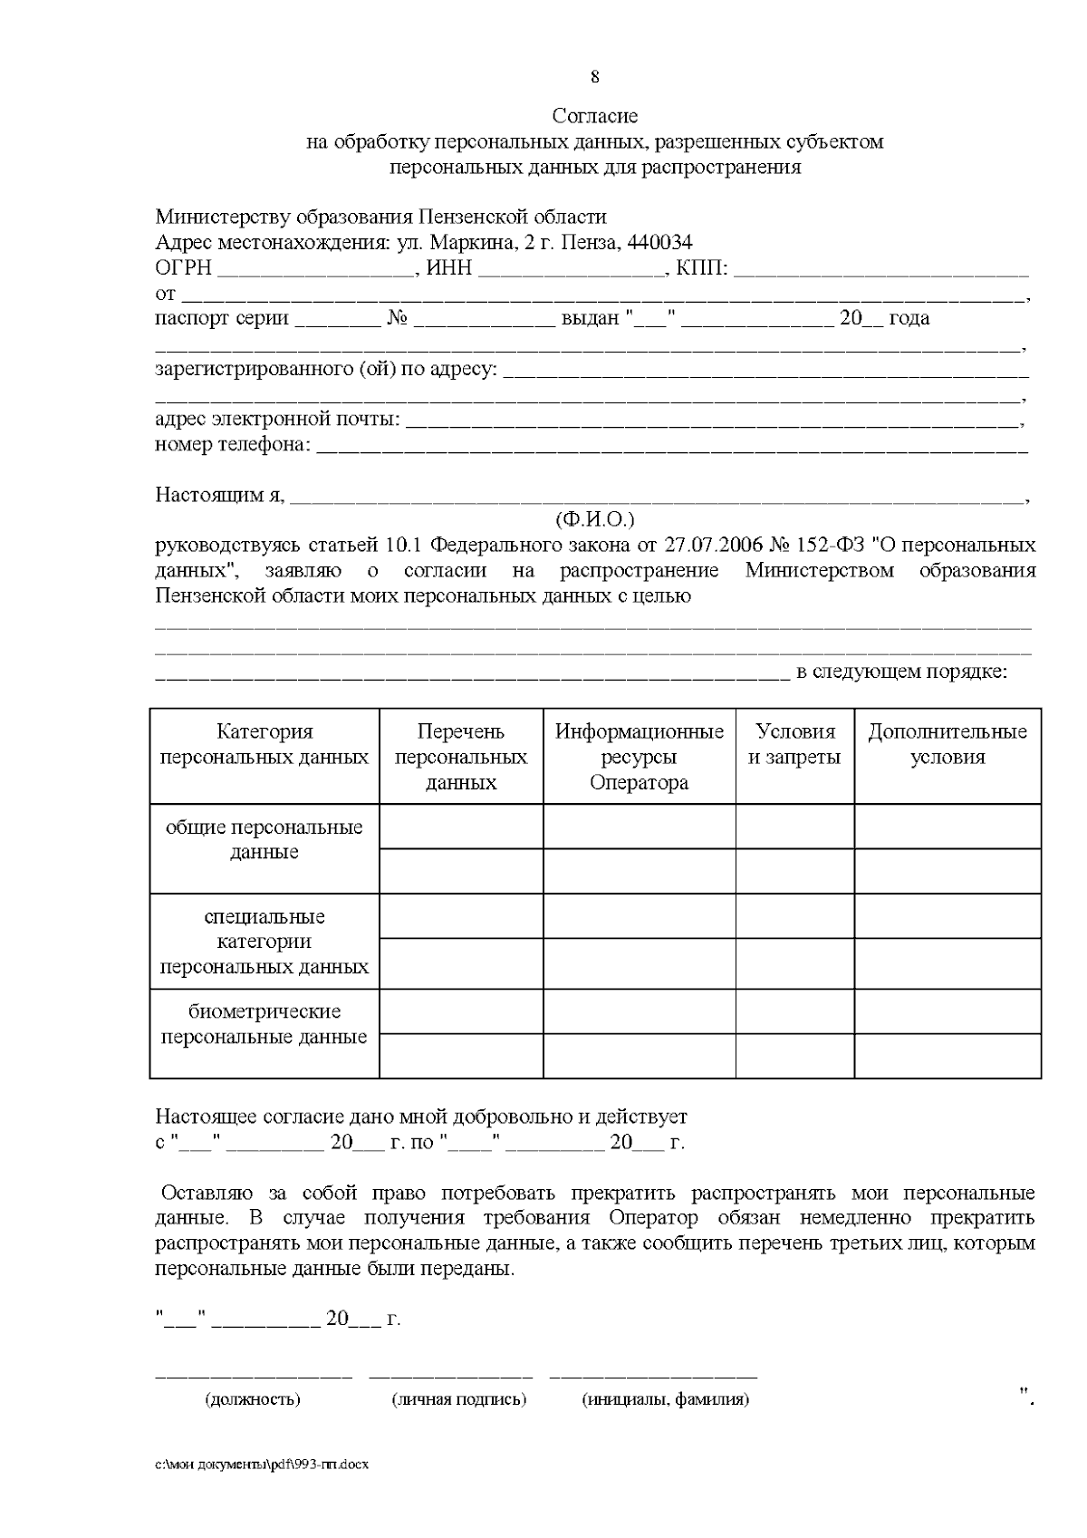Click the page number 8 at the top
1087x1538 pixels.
(594, 76)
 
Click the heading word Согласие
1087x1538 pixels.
(594, 116)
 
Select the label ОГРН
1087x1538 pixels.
(183, 268)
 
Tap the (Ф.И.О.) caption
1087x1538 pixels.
(594, 519)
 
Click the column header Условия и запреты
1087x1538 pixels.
(794, 744)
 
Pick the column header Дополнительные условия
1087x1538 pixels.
(947, 744)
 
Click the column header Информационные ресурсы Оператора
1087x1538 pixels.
(639, 757)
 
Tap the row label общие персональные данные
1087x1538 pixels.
(264, 839)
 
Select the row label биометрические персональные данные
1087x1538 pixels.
(264, 1024)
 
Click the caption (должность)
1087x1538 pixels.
(253, 1399)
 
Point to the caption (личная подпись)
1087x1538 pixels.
(458, 1399)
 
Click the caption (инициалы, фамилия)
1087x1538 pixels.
(666, 1399)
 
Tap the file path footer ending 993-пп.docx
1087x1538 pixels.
(262, 1465)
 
